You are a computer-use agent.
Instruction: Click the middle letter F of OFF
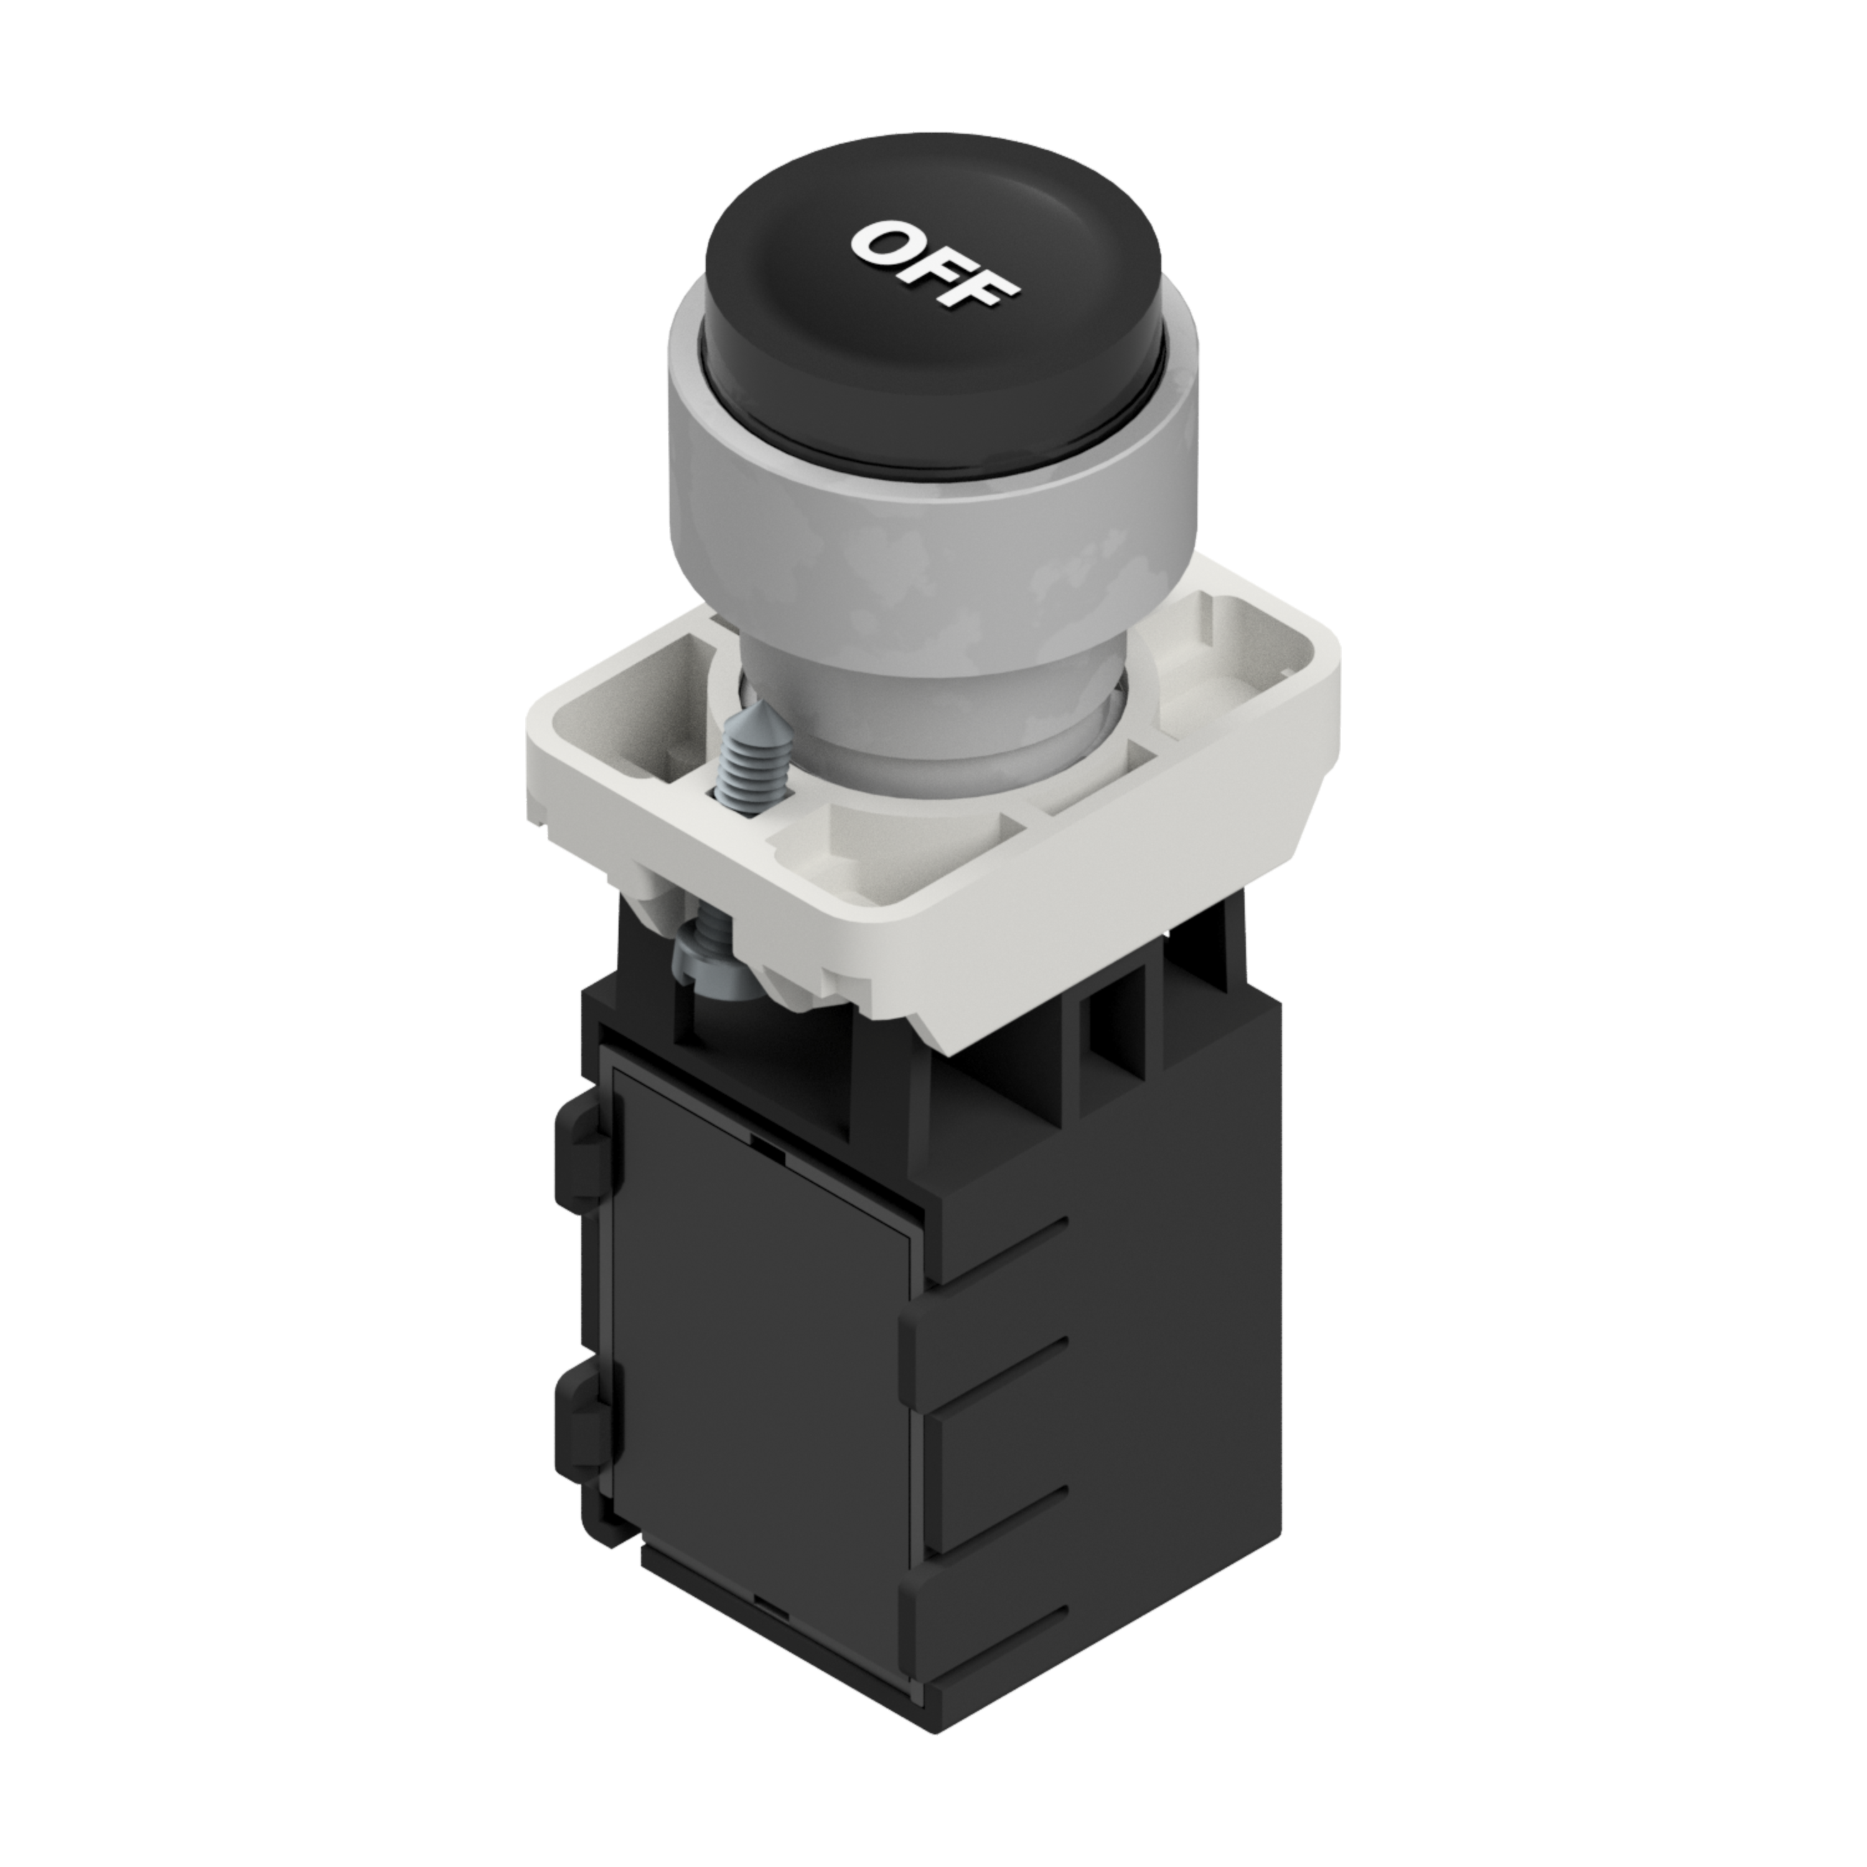937,266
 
